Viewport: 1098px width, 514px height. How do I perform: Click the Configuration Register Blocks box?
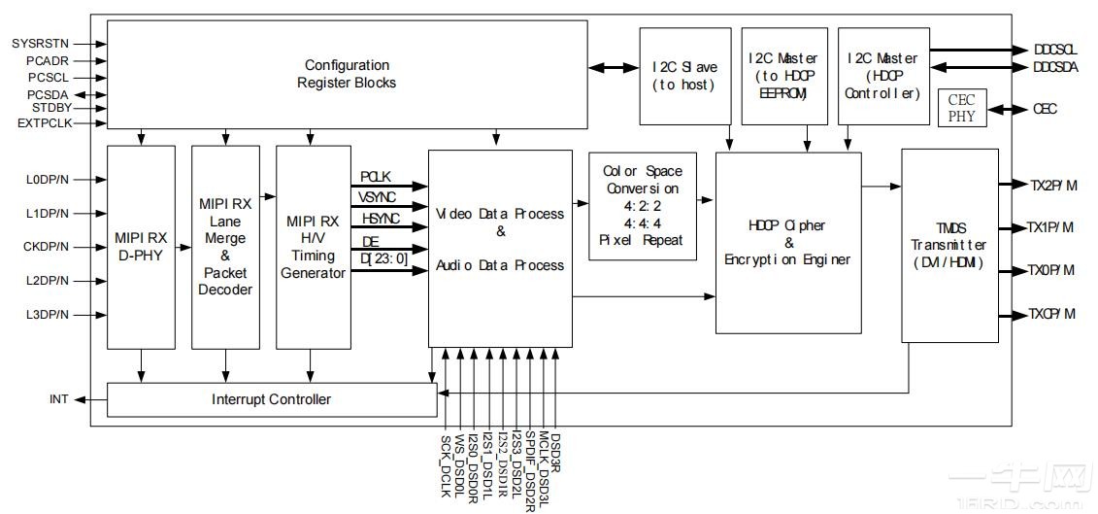tap(347, 74)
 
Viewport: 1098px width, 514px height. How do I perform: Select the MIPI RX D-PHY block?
tap(142, 247)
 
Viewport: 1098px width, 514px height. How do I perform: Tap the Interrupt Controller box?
tap(271, 399)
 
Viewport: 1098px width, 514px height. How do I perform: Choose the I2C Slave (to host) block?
tap(683, 76)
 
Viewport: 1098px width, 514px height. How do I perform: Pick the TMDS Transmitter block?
tap(948, 245)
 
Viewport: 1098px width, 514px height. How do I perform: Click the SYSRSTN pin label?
tap(40, 44)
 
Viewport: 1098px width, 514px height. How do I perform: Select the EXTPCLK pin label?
tap(43, 123)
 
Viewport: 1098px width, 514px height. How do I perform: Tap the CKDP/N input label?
tap(47, 247)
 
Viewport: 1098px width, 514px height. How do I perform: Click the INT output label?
tap(58, 399)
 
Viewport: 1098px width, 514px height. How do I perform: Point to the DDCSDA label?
tap(1055, 67)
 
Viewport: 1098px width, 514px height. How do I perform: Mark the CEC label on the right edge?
tap(1046, 110)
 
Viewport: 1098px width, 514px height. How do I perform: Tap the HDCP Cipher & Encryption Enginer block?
tap(787, 242)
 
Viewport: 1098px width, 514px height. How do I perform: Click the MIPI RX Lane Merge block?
tap(225, 247)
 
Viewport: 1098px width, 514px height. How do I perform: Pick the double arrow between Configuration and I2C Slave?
tap(612, 67)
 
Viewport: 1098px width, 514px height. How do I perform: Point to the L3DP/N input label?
tap(47, 315)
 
